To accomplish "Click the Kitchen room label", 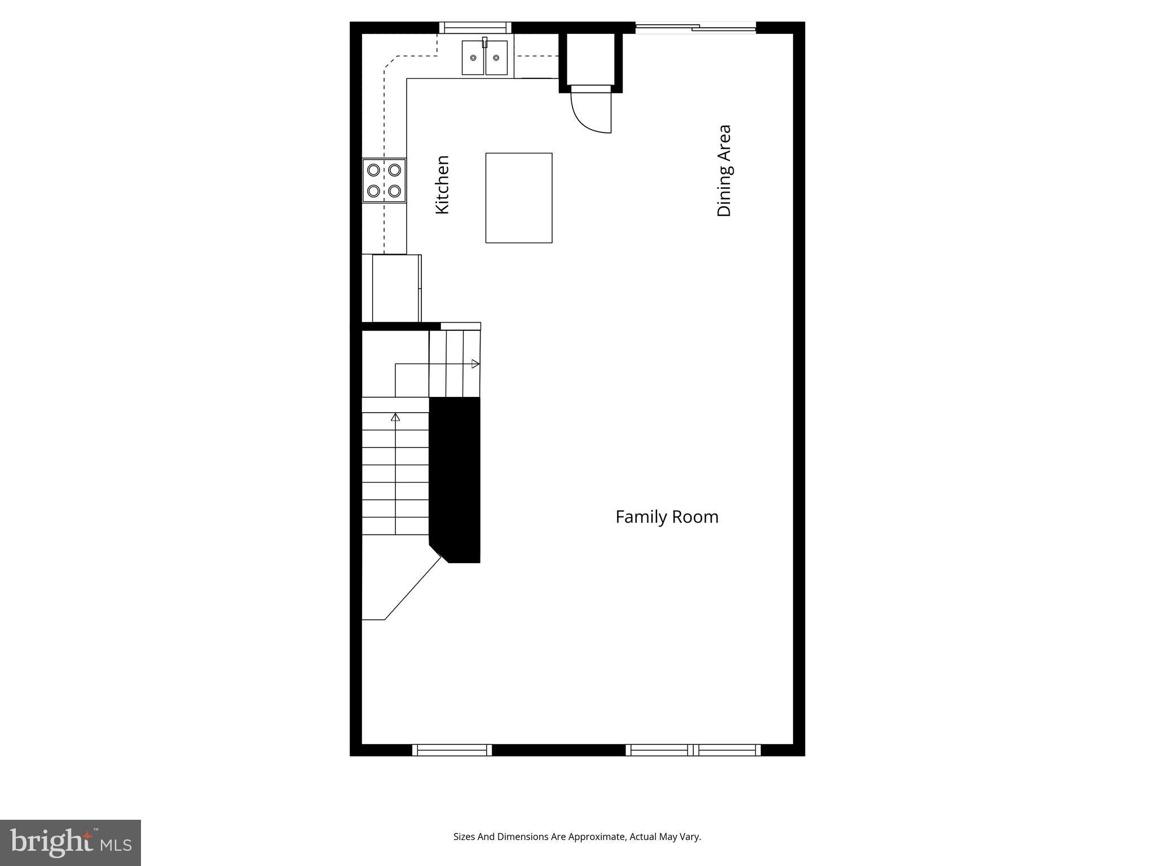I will pyautogui.click(x=443, y=185).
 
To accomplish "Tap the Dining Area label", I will pyautogui.click(x=724, y=171).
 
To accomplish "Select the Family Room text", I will pyautogui.click(x=667, y=517).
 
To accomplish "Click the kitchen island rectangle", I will pyautogui.click(x=518, y=198).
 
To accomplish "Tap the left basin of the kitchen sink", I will pyautogui.click(x=473, y=58).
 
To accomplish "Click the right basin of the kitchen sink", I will pyautogui.click(x=496, y=58).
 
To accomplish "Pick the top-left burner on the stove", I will pyautogui.click(x=373, y=169).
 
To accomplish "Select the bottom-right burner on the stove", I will pyautogui.click(x=395, y=191).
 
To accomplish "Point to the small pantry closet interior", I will pyautogui.click(x=590, y=59).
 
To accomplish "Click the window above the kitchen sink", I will pyautogui.click(x=475, y=27).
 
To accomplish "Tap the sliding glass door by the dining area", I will pyautogui.click(x=695, y=26).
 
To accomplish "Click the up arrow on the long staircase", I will pyautogui.click(x=395, y=417).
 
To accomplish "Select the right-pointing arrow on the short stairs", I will pyautogui.click(x=475, y=364).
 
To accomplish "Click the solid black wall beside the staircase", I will pyautogui.click(x=455, y=479).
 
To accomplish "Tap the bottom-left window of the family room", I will pyautogui.click(x=452, y=750).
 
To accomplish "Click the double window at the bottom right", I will pyautogui.click(x=693, y=750).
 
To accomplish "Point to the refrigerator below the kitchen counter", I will pyautogui.click(x=396, y=288).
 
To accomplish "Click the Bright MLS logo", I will pyautogui.click(x=70, y=842).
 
